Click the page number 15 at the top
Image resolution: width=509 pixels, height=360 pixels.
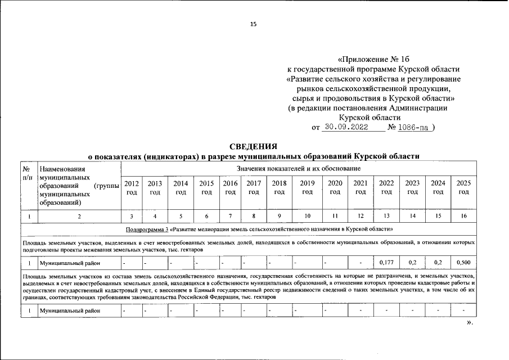tap(254, 24)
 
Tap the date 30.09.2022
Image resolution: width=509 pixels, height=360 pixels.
tap(346, 128)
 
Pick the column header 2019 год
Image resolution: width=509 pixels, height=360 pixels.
tap(307, 188)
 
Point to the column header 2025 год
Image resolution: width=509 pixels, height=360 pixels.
tap(463, 188)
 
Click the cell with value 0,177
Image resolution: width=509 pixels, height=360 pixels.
tap(386, 262)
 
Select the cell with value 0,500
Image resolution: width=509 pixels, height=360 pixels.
tap(463, 262)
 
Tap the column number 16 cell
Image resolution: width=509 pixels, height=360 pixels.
tap(463, 216)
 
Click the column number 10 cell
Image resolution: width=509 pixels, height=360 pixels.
tap(307, 216)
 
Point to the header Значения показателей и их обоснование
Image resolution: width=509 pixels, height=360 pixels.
tap(299, 168)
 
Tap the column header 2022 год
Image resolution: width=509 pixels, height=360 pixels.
tap(386, 188)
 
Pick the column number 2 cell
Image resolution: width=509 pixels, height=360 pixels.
tap(79, 216)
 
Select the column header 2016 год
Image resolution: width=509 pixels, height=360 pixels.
tap(230, 188)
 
